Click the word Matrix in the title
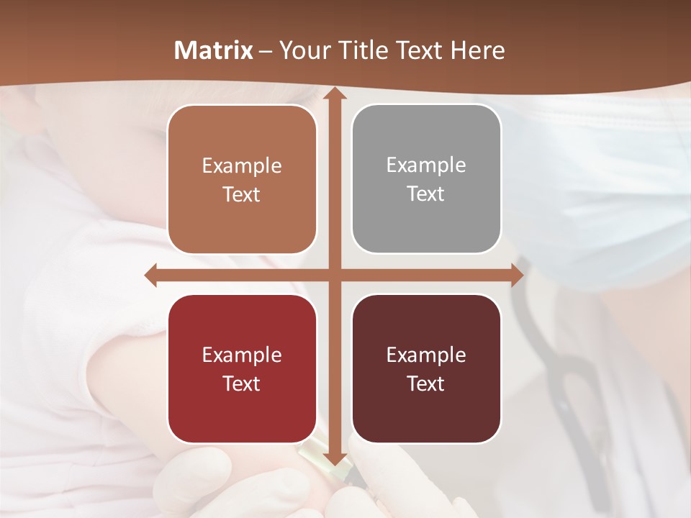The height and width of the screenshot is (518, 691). (x=214, y=50)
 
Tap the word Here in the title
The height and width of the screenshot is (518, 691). (x=478, y=50)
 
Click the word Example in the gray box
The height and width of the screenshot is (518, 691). (x=426, y=165)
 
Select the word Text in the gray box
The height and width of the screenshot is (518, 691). (x=426, y=194)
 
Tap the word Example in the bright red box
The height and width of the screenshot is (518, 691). (x=242, y=355)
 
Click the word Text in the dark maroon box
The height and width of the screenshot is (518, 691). (x=426, y=383)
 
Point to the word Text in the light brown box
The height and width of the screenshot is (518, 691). (x=242, y=195)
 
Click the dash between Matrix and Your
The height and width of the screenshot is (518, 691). (x=266, y=50)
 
